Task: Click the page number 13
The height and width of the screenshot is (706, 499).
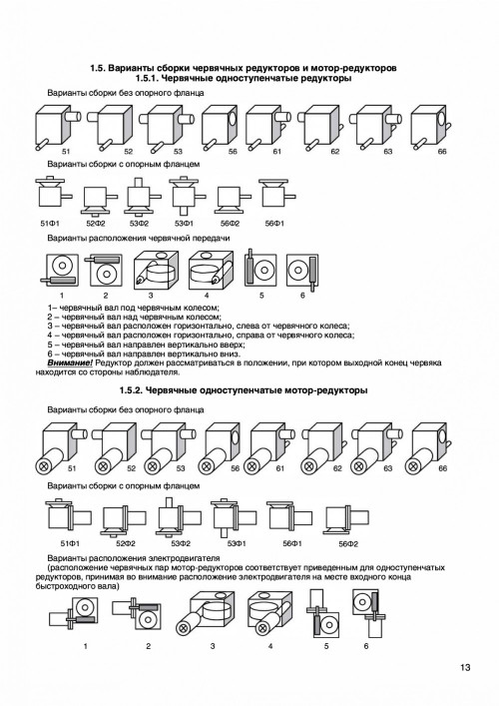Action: pyautogui.click(x=465, y=667)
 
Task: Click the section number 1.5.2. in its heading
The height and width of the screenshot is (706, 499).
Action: pyautogui.click(x=131, y=390)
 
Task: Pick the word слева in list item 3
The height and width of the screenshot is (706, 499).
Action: pyautogui.click(x=248, y=326)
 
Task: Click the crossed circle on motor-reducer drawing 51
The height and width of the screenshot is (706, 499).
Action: pyautogui.click(x=45, y=465)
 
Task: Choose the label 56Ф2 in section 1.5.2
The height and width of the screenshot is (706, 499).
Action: pyautogui.click(x=348, y=544)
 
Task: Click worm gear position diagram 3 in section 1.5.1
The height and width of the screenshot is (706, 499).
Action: pyautogui.click(x=156, y=271)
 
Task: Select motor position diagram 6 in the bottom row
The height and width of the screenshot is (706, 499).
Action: pyautogui.click(x=369, y=613)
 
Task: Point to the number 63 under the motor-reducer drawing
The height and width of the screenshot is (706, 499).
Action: pyautogui.click(x=388, y=468)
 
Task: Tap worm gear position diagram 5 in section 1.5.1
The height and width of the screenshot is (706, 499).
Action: pyautogui.click(x=260, y=270)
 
